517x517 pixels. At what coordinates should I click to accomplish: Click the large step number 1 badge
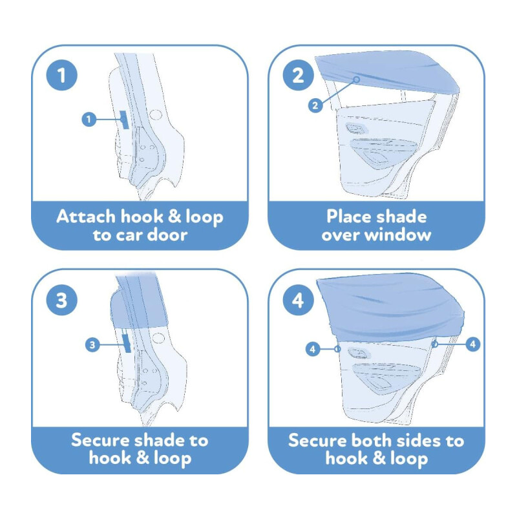coord(61,75)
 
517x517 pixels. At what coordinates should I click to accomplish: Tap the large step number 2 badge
coord(299,75)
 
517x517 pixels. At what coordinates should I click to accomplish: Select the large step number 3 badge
coord(61,300)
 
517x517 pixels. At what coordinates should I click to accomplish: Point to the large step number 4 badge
coord(299,300)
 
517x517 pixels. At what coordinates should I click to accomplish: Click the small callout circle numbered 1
coord(89,119)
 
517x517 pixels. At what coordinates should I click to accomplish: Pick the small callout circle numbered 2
coord(315,105)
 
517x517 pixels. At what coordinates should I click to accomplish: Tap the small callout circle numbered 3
coord(92,345)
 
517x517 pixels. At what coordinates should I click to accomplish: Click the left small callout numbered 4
coord(313,348)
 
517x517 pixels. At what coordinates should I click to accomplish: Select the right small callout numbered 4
coord(473,344)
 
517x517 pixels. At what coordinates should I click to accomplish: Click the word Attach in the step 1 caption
coord(86,216)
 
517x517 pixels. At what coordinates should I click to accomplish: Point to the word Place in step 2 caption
coord(349,216)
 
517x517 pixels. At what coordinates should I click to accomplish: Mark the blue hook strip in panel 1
coord(124,120)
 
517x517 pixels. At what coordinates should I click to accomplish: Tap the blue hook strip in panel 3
coord(127,343)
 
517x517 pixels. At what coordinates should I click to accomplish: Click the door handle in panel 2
coord(355,128)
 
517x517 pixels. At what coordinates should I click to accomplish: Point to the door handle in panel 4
coord(359,353)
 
